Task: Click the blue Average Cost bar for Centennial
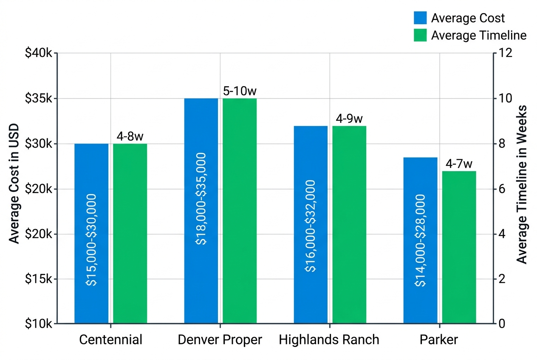(91, 233)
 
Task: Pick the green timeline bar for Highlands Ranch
(349, 225)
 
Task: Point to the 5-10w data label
(240, 91)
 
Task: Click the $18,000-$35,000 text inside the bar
(201, 199)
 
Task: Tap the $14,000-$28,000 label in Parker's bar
(420, 240)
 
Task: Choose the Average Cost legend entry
(468, 18)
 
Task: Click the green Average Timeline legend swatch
(420, 35)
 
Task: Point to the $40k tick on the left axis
(39, 54)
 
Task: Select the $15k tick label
(39, 279)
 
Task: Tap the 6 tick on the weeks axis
(501, 189)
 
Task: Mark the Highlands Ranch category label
(329, 340)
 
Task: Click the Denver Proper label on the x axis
(220, 340)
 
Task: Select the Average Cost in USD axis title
(14, 183)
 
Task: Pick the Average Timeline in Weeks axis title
(523, 185)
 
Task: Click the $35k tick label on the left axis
(39, 99)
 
